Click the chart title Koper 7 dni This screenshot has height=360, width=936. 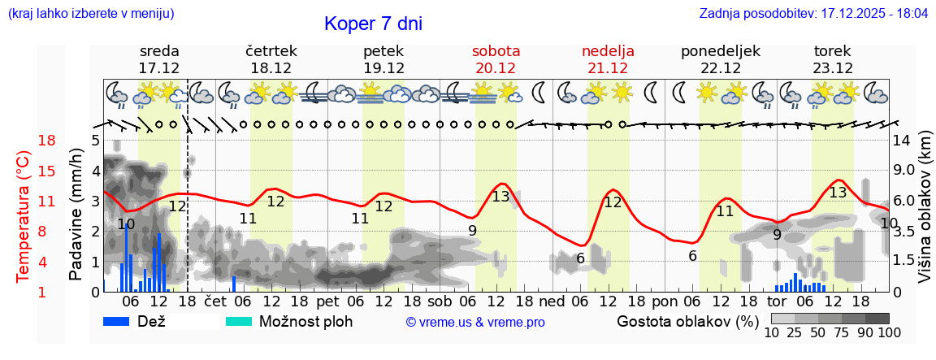point(373,24)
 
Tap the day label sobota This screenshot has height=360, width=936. point(496,51)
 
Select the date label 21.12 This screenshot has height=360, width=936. point(608,68)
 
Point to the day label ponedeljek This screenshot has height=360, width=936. point(720,51)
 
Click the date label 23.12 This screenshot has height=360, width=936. point(833,68)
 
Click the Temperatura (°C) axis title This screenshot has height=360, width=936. point(24,215)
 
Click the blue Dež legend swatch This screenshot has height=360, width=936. point(122,321)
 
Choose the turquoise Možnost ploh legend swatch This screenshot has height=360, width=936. point(239,321)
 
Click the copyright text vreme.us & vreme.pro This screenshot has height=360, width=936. point(475,323)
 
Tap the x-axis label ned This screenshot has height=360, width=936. point(552,301)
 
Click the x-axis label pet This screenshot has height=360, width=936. point(327,301)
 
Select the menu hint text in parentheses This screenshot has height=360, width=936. point(90,14)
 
